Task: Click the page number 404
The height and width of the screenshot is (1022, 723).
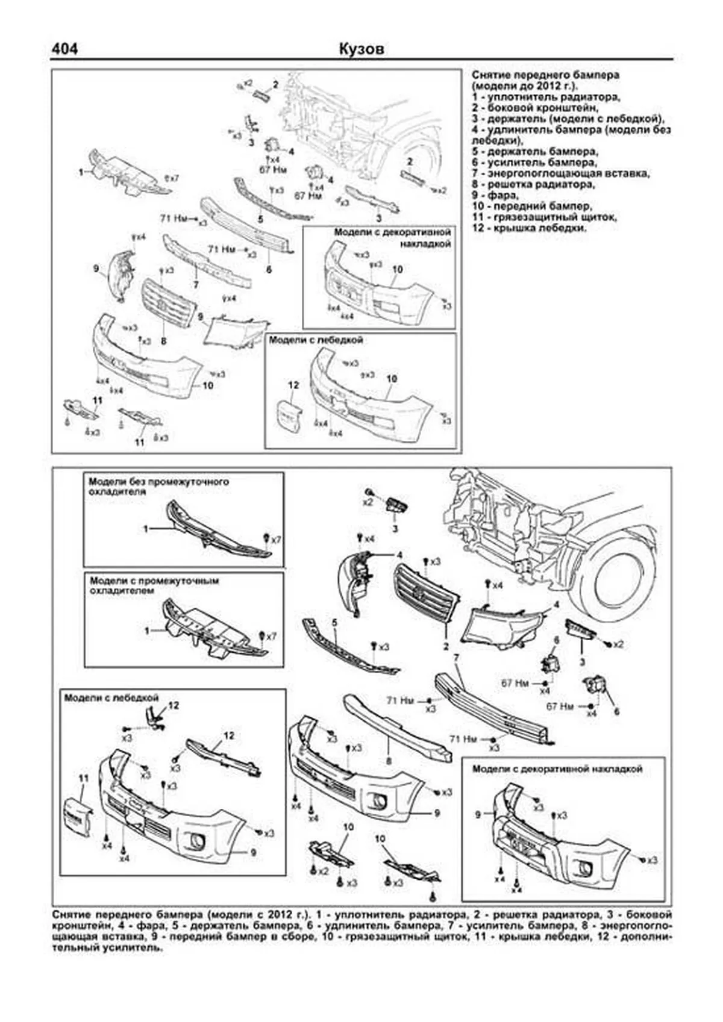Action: coord(64,49)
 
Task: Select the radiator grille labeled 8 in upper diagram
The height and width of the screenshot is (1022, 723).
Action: coord(169,304)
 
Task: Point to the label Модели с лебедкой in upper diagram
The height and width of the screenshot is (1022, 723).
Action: coord(316,340)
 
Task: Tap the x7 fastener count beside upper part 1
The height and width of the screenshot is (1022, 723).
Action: coord(172,178)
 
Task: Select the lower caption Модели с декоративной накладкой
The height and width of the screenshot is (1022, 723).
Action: coord(557,769)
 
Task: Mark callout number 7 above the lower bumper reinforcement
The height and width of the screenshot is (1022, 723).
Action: coord(457,658)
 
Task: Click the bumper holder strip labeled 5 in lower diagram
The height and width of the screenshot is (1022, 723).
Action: coord(350,648)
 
